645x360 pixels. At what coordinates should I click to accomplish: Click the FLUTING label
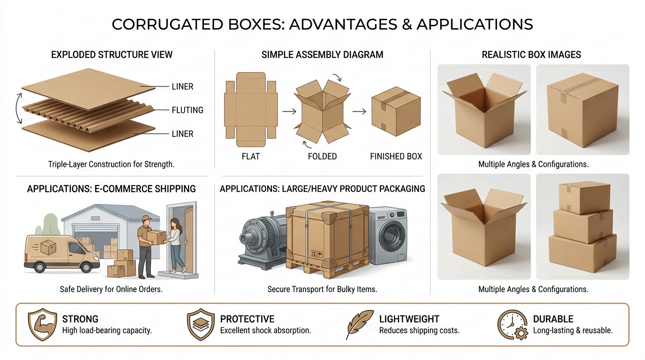point(187,110)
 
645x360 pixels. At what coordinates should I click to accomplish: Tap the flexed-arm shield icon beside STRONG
point(42,324)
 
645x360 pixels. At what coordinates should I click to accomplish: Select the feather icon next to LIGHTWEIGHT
point(360,324)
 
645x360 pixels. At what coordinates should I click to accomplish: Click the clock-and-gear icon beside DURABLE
point(513,325)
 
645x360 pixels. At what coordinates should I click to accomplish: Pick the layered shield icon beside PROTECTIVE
point(201,324)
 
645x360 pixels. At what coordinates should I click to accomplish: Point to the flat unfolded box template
point(251,109)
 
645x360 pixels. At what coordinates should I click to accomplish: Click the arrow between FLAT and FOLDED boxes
point(289,112)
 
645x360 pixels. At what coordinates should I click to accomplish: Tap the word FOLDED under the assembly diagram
point(322,157)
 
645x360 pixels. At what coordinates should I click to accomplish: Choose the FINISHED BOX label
point(396,157)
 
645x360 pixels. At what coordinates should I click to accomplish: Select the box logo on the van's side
point(48,247)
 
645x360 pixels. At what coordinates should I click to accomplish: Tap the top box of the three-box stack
point(585,197)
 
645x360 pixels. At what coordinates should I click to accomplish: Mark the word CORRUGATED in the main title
point(167,24)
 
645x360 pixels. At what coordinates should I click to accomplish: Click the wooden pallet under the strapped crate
point(328,268)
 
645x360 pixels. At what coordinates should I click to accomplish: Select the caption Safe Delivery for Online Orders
point(111,289)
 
